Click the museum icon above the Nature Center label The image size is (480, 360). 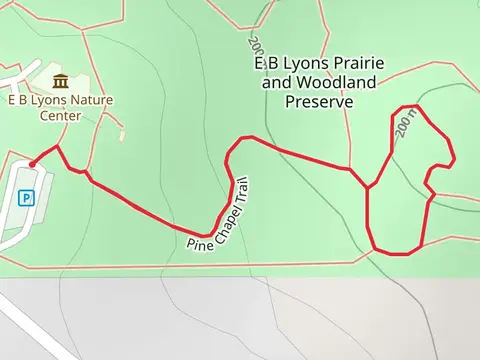click(x=61, y=80)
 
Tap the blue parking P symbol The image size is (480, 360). click(x=28, y=197)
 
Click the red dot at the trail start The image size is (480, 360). click(x=32, y=164)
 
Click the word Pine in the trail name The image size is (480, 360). click(x=198, y=239)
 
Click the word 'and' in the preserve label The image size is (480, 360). click(x=275, y=83)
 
